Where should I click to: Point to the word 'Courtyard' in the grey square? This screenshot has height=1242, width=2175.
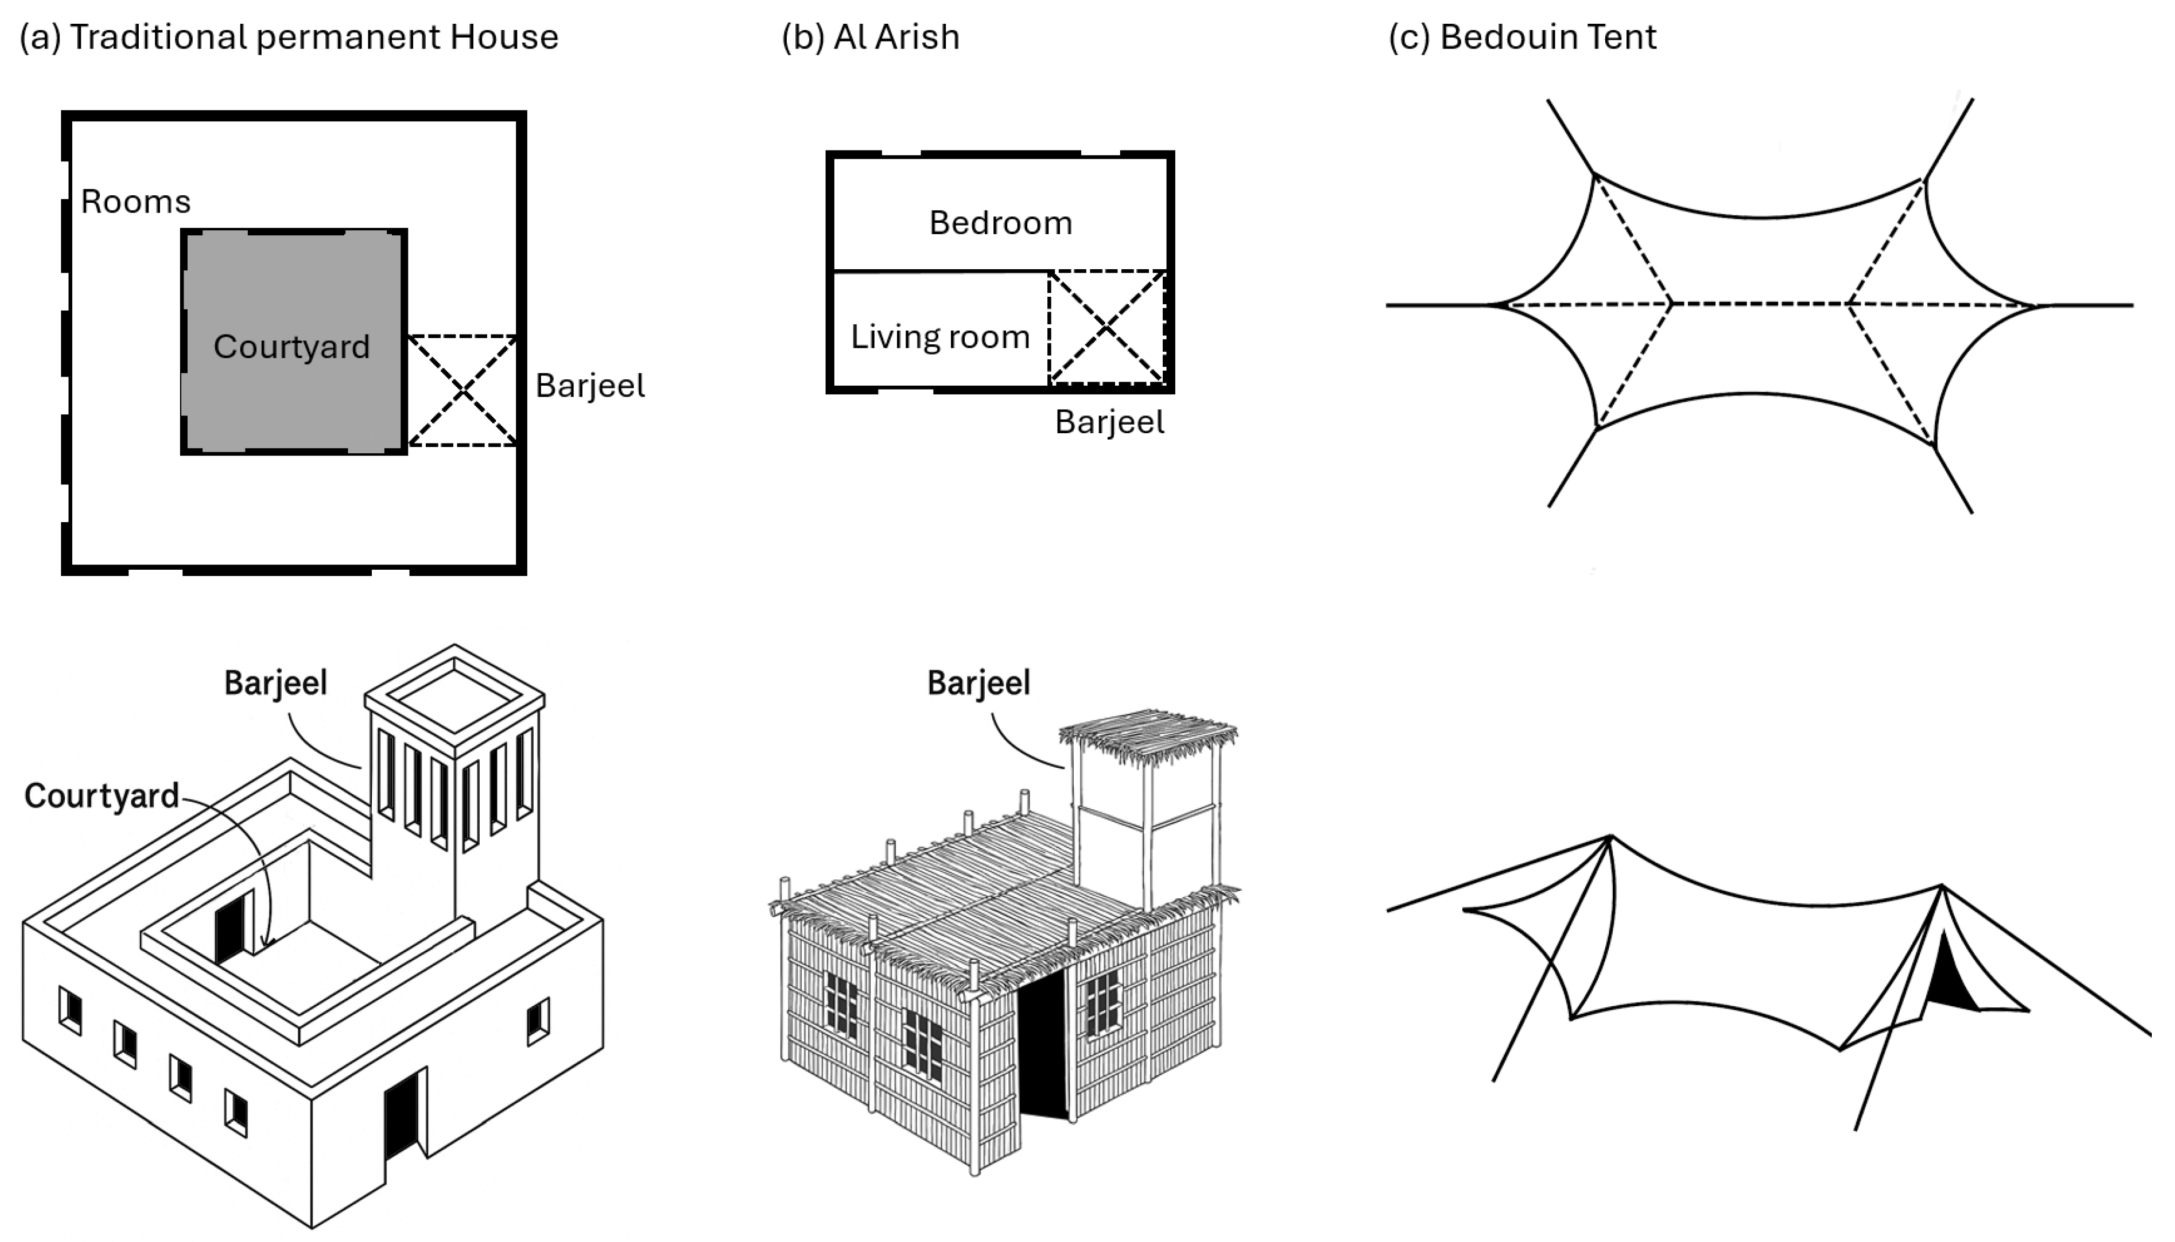(x=292, y=347)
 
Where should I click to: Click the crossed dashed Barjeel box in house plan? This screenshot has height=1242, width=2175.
(x=462, y=391)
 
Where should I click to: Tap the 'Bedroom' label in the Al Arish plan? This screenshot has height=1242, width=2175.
(x=1000, y=223)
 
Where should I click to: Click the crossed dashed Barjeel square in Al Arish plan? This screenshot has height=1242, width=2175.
(x=1106, y=327)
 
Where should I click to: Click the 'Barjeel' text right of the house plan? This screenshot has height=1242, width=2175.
(x=589, y=386)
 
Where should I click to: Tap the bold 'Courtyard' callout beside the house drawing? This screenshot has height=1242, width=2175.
(x=101, y=796)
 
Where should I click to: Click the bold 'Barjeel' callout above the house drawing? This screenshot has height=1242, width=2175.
(x=276, y=683)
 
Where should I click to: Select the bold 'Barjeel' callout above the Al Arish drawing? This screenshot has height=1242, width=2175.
(x=978, y=683)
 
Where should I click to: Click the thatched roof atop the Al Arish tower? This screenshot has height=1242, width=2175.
(x=1147, y=732)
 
